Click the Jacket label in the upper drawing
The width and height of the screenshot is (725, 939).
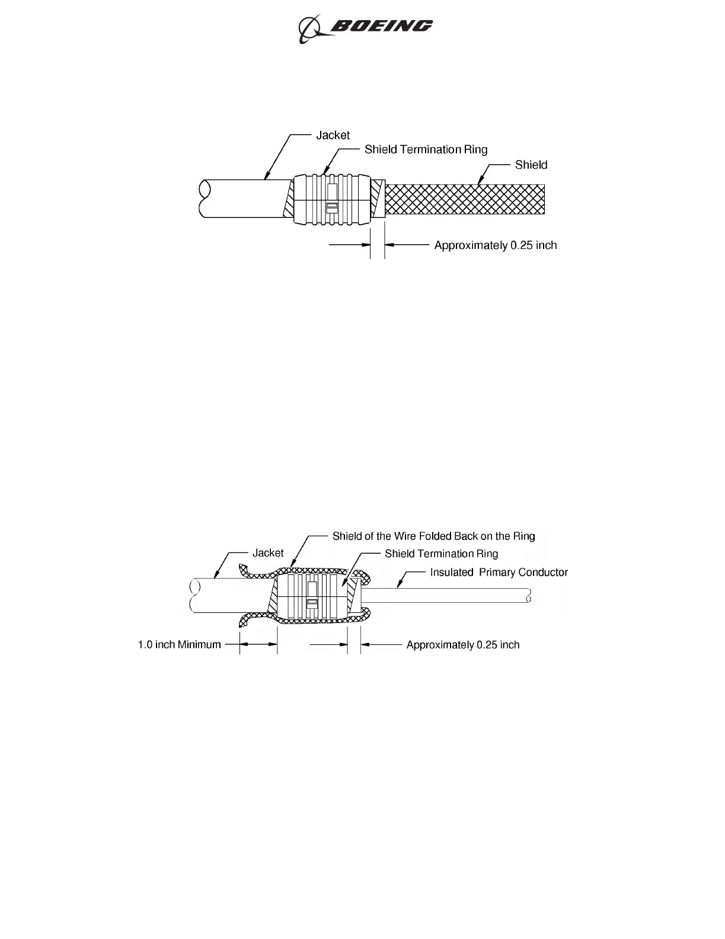(x=333, y=135)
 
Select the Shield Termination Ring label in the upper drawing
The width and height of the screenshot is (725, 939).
(x=426, y=149)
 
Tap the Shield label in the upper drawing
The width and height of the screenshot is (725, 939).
(x=531, y=165)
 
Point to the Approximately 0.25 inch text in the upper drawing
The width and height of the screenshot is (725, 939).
(x=496, y=245)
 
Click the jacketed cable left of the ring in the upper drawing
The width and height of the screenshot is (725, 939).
(x=243, y=199)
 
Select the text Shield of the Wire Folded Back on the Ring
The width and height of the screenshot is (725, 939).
(x=433, y=536)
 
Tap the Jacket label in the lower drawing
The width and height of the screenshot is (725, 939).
(x=268, y=553)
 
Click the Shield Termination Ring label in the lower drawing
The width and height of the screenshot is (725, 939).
(x=441, y=554)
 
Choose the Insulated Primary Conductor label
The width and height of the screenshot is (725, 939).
(x=499, y=573)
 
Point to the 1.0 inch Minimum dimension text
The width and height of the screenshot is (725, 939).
(x=179, y=645)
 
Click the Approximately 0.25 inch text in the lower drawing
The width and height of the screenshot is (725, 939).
(x=462, y=645)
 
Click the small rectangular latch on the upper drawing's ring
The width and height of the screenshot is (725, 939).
(x=333, y=206)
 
